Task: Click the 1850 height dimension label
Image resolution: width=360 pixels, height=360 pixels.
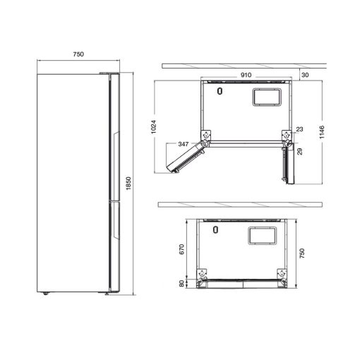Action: click(x=128, y=184)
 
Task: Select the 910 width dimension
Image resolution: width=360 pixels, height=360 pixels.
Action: click(x=246, y=75)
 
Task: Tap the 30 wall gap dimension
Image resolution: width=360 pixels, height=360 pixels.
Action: click(x=305, y=75)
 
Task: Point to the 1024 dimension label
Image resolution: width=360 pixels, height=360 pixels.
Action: click(x=153, y=127)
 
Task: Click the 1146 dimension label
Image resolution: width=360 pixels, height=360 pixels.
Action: click(x=322, y=132)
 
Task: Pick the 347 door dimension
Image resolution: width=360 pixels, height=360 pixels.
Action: click(x=184, y=144)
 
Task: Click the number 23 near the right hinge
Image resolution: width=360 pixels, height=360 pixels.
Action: click(x=299, y=129)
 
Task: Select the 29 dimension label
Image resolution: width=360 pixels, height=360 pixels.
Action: click(x=300, y=151)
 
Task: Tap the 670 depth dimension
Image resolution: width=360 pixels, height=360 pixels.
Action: click(x=182, y=249)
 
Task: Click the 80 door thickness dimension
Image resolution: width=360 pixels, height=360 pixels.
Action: click(x=182, y=284)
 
